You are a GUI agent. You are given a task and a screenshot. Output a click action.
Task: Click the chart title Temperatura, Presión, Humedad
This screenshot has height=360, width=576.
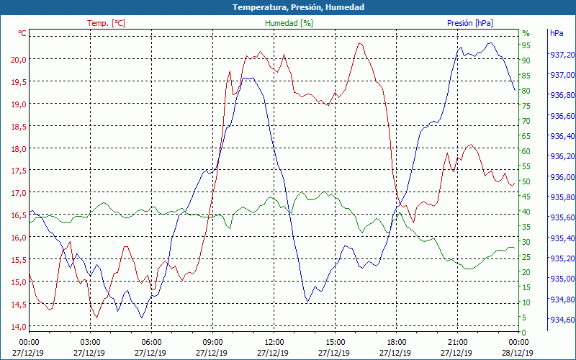click(x=288, y=7)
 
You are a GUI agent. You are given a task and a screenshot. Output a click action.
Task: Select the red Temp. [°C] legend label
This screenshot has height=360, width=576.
click(x=106, y=23)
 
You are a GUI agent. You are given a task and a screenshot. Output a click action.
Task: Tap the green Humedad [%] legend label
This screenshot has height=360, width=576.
click(x=289, y=23)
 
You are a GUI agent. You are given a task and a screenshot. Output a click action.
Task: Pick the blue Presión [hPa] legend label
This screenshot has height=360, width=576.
click(x=470, y=23)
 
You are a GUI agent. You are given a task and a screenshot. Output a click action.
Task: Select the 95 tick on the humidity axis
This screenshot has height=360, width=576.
click(x=526, y=45)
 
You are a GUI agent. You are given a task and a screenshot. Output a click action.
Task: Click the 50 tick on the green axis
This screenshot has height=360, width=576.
click(x=526, y=181)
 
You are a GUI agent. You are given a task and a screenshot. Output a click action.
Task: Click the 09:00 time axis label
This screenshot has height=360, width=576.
click(x=212, y=341)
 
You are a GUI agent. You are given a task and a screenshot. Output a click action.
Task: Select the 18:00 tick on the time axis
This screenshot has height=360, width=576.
click(x=396, y=341)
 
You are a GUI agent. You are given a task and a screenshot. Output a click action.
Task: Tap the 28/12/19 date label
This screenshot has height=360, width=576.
click(x=518, y=353)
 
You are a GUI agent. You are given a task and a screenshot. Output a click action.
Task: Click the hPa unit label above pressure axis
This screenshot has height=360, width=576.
click(x=557, y=33)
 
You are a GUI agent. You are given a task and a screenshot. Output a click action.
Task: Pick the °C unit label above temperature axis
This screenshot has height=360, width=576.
click(x=22, y=33)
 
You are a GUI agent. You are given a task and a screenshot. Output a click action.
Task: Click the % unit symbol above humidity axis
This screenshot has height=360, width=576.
click(x=526, y=33)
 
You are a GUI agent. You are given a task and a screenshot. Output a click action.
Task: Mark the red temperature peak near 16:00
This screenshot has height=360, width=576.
click(x=360, y=42)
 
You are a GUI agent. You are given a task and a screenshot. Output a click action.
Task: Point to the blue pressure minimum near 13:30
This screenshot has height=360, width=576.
click(x=307, y=301)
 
